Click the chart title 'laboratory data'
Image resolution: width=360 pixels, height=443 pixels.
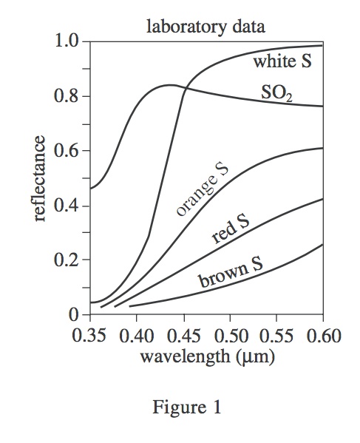pos(206,27)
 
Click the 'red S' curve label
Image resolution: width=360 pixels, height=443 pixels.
pos(231,230)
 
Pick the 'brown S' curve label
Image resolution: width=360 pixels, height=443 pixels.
pos(231,275)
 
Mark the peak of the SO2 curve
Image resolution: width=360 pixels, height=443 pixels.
pos(171,85)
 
